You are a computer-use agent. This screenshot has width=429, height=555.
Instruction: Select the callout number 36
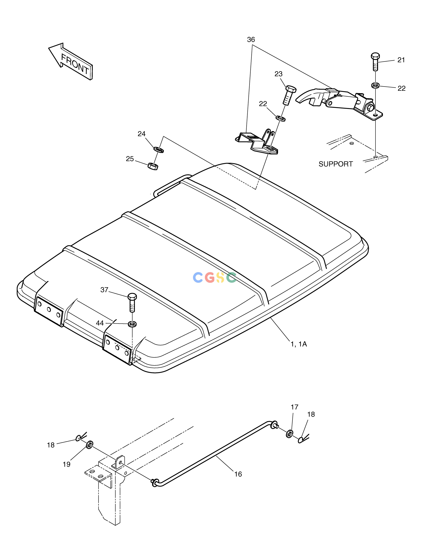coord(251,40)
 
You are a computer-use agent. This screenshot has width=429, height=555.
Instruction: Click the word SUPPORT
coord(336,164)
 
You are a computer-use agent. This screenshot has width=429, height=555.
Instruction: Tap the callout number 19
coord(67,464)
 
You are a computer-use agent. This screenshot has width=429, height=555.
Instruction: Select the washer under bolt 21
coord(375,85)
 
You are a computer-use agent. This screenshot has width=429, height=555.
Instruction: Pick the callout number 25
coord(130,159)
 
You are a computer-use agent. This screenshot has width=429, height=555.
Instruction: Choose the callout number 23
coord(279,74)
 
